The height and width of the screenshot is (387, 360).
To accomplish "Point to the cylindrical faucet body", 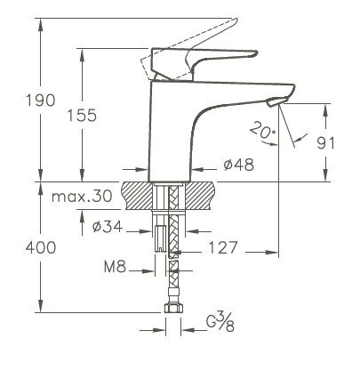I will [x=173, y=133].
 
